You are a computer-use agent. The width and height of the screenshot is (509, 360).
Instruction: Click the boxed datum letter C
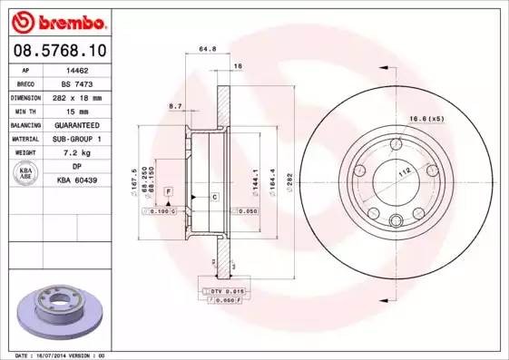point(213,196)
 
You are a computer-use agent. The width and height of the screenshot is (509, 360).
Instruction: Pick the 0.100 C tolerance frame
point(160,210)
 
